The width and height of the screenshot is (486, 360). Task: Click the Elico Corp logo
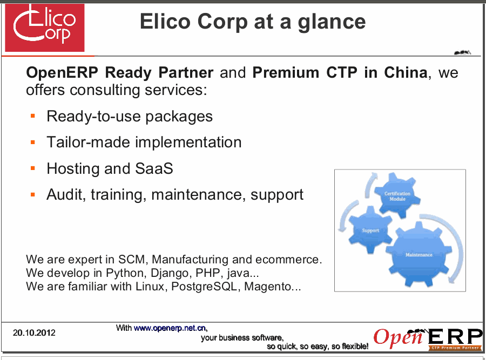pyautogui.click(x=45, y=28)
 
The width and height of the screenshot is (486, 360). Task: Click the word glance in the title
pyautogui.click(x=332, y=23)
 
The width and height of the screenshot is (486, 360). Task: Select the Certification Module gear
pyautogui.click(x=397, y=195)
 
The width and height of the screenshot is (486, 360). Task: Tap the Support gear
pyautogui.click(x=370, y=230)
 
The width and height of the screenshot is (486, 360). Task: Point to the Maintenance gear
pyautogui.click(x=418, y=255)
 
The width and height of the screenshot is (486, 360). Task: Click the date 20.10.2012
pyautogui.click(x=34, y=332)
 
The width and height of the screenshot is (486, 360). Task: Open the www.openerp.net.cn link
pyautogui.click(x=170, y=328)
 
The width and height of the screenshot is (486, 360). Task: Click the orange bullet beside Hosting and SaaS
pyautogui.click(x=33, y=168)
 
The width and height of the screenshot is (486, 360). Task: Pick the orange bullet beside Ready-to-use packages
pyautogui.click(x=33, y=116)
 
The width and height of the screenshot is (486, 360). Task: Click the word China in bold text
pyautogui.click(x=406, y=72)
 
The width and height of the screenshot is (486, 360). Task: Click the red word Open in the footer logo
pyautogui.click(x=399, y=337)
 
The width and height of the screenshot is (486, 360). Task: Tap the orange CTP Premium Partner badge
pyautogui.click(x=455, y=348)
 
